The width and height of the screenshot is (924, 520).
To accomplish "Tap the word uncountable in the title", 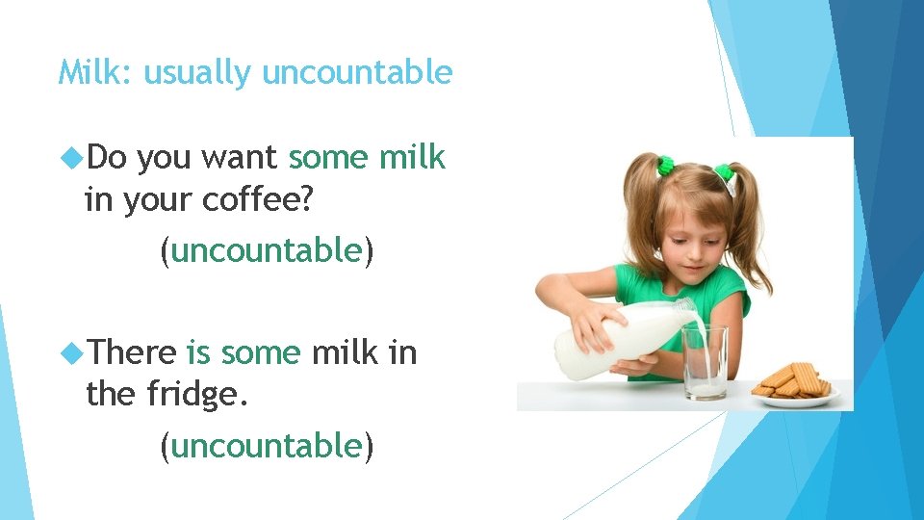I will pos(357,72).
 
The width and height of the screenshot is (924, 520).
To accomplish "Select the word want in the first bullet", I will pos(238,157).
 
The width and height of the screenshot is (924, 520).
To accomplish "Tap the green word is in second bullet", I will pos(198,352).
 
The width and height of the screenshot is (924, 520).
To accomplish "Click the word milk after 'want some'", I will pos(412,157).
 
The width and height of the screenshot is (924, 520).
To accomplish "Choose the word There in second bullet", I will pos(132,352).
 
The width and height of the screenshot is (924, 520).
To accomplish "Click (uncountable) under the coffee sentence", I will pos(267,250).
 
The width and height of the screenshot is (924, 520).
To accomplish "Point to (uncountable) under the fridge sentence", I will pos(267,445).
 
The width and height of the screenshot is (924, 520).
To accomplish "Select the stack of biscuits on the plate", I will pos(794,380).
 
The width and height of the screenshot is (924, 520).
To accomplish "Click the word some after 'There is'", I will pos(261,352).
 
